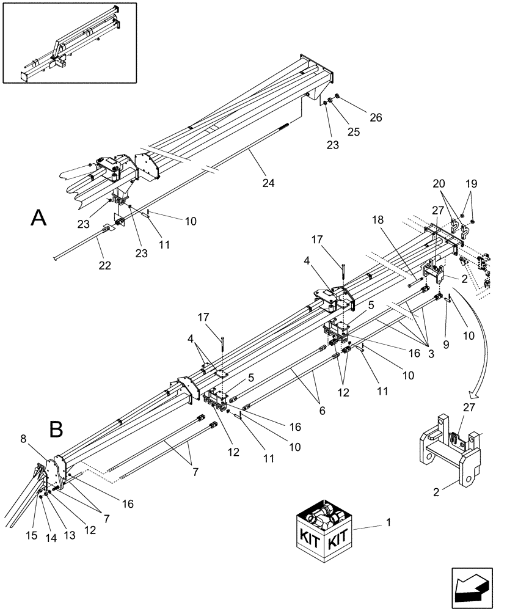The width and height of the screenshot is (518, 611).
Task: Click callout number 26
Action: pos(374,118)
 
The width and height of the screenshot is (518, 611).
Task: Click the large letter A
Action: pos(39,218)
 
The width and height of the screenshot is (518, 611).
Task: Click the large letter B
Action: pos(56,430)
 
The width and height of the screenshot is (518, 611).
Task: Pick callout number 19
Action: pos(471,183)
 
